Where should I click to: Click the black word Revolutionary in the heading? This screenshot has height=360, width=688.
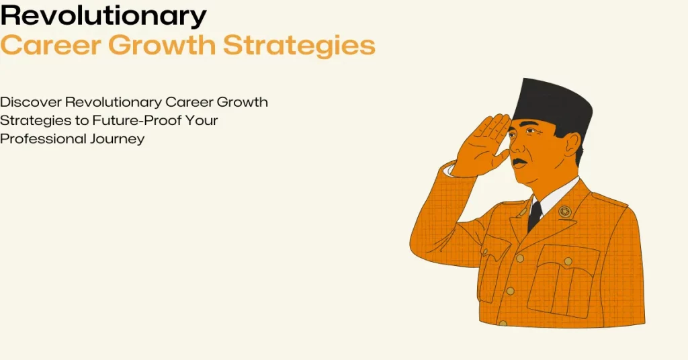coord(103,16)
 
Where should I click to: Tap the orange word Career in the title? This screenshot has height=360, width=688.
coord(50,45)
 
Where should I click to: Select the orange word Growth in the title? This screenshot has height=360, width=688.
coord(162,45)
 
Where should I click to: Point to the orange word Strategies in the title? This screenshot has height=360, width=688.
coord(299,46)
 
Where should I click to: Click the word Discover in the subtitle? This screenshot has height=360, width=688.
coord(31,102)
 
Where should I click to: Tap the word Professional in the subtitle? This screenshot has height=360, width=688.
coord(42,138)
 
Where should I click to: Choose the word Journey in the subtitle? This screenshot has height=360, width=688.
coord(117,140)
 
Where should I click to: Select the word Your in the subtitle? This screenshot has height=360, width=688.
coord(202,120)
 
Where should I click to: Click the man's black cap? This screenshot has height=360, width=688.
coord(553,103)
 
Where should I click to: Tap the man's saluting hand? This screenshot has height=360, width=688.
coord(481,144)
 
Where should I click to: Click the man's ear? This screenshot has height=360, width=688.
coord(572,144)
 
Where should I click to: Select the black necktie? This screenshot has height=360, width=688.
coord(534,216)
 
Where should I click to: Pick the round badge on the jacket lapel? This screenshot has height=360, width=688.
coord(564,212)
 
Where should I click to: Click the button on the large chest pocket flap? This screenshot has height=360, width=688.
coord(568,261)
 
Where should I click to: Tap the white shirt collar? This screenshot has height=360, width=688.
coord(556,196)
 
